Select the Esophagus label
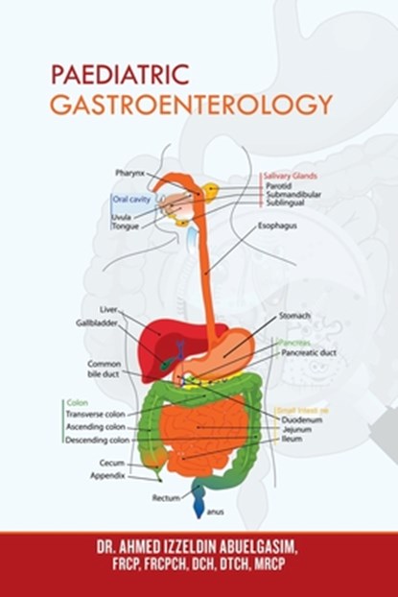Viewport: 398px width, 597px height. pyautogui.click(x=276, y=227)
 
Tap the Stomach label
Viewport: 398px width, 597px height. pyautogui.click(x=293, y=315)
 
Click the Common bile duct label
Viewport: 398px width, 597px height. pyautogui.click(x=104, y=370)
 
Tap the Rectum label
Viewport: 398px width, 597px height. pyautogui.click(x=165, y=498)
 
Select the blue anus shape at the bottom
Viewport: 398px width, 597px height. pyautogui.click(x=198, y=498)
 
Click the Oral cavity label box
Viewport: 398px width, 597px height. pyautogui.click(x=132, y=200)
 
